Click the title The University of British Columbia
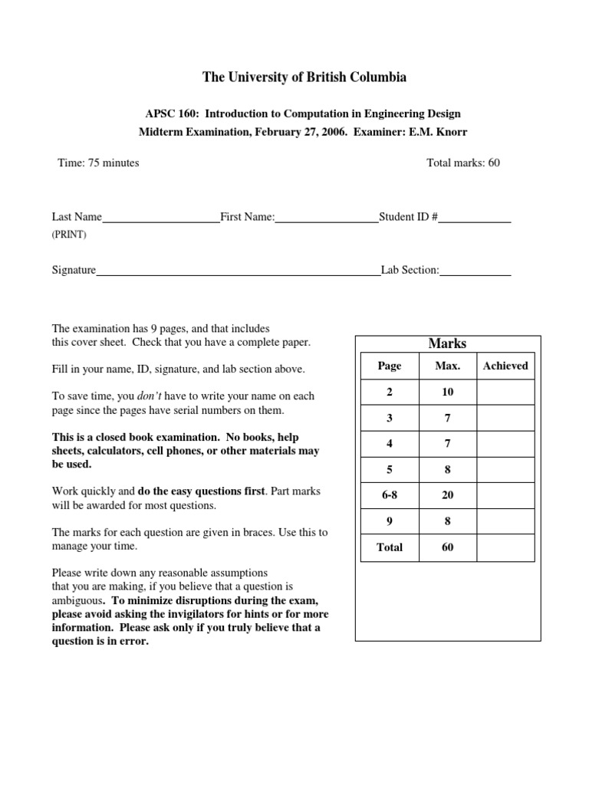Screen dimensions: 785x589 point(304,77)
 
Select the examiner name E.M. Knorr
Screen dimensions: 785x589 point(442,132)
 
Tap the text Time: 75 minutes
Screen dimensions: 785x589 point(98,163)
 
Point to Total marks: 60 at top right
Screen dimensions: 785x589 point(462,163)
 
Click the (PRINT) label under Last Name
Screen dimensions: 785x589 point(69,235)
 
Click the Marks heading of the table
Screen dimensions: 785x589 point(447,343)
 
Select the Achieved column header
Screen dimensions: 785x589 point(505,366)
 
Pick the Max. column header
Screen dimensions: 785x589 point(447,366)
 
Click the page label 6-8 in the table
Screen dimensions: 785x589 point(390,495)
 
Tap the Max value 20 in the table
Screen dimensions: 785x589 point(447,495)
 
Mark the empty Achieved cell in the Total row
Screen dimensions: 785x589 point(505,547)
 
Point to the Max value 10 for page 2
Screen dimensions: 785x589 point(447,392)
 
